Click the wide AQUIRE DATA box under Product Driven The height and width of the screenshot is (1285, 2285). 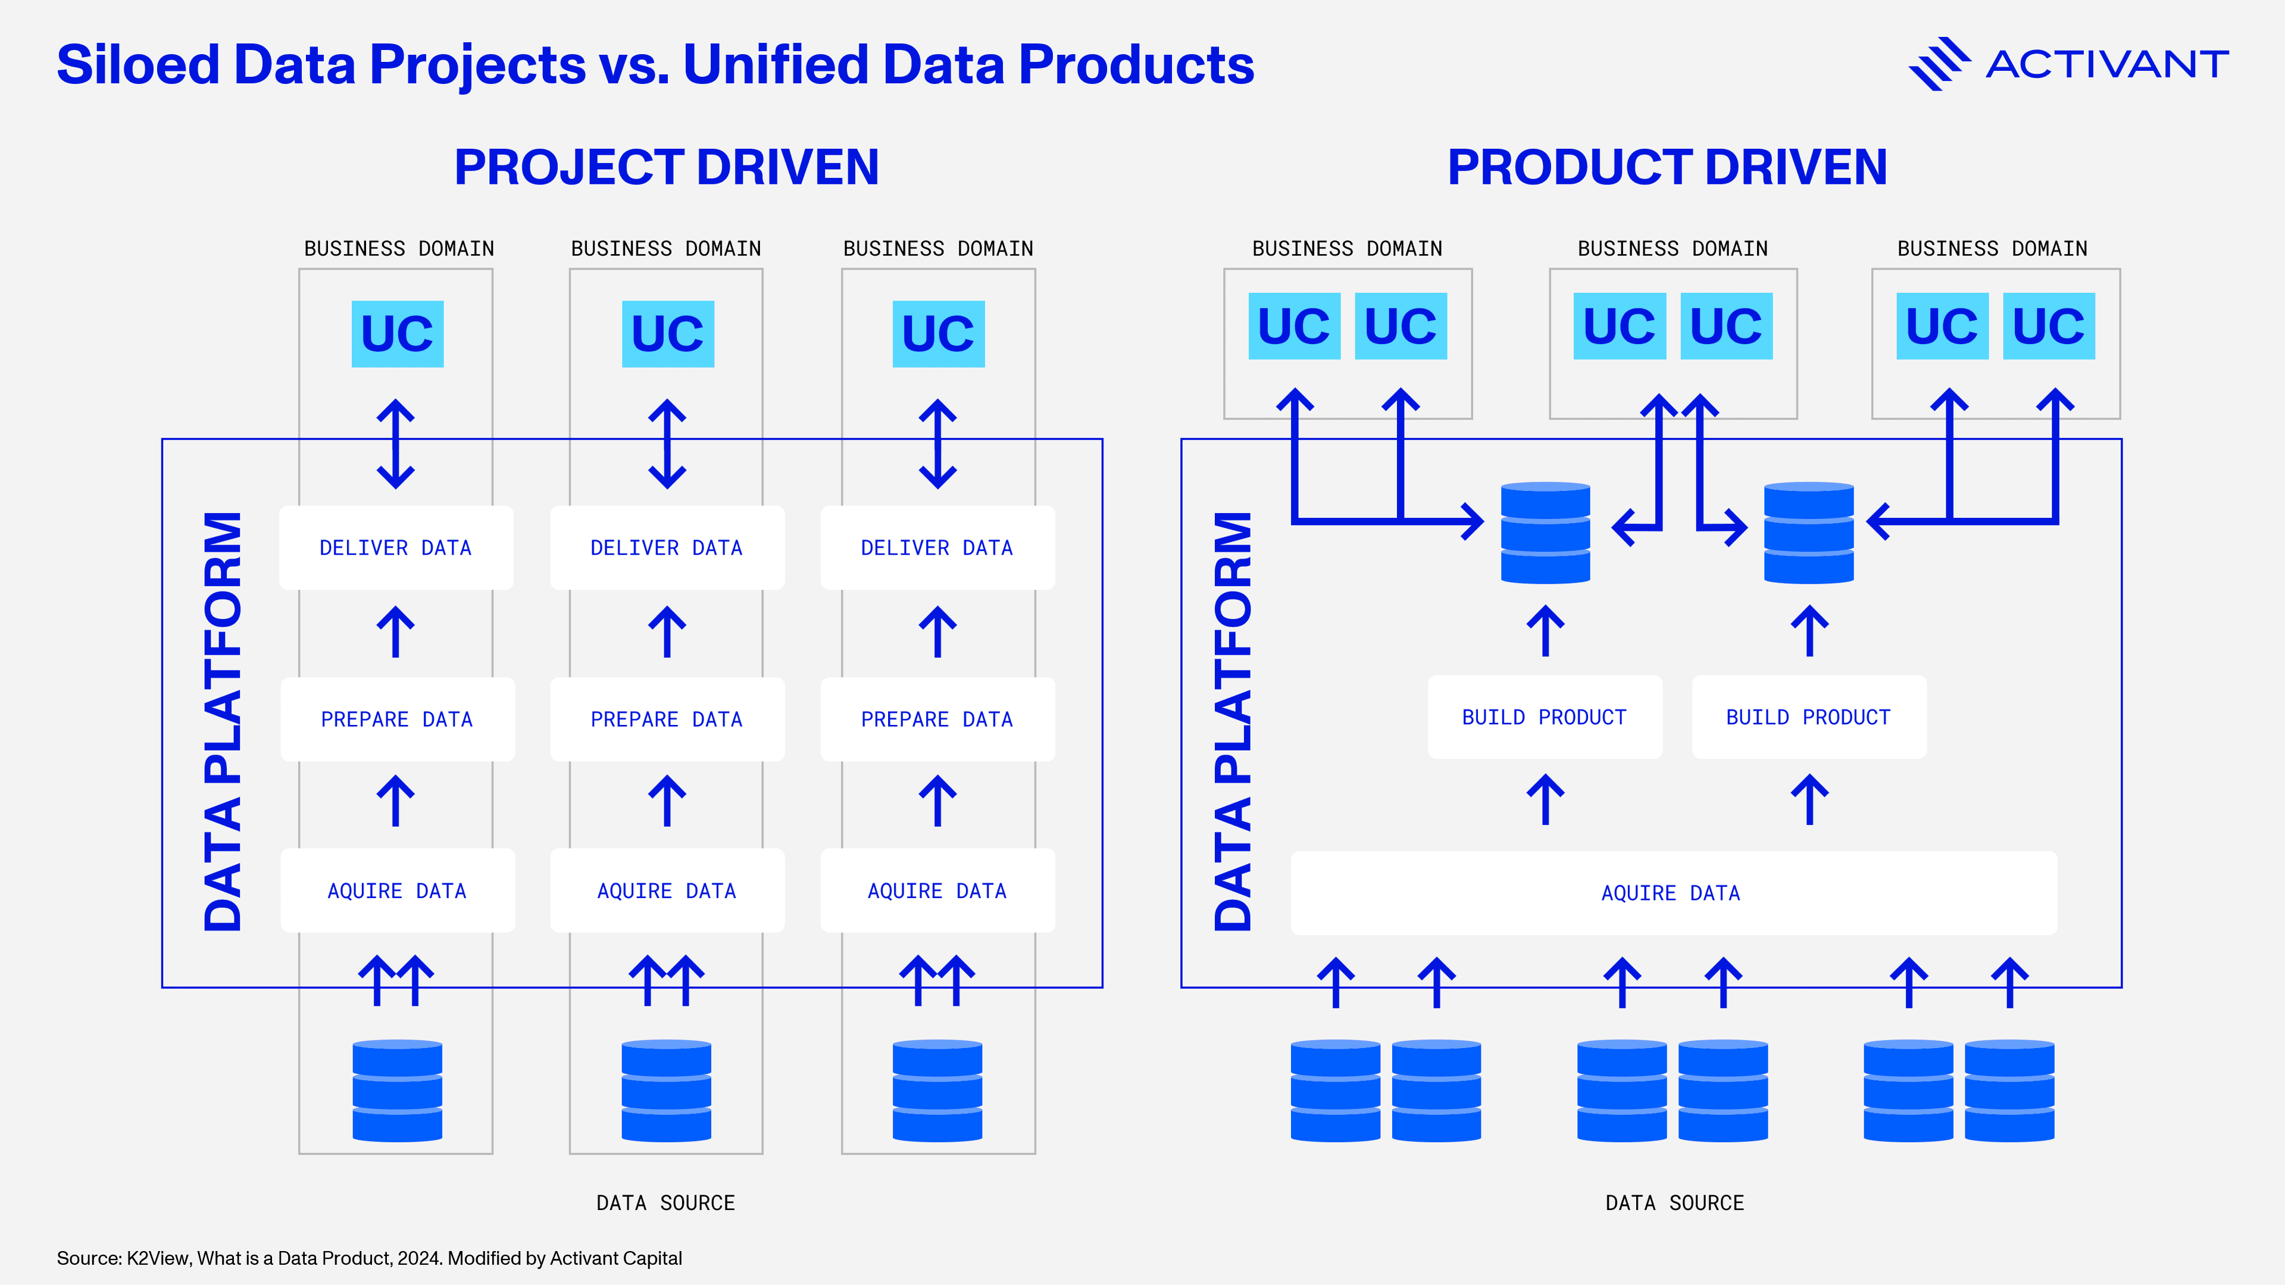1673,893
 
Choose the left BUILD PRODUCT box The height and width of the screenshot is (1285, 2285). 1545,717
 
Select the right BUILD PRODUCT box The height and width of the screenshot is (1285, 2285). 1809,717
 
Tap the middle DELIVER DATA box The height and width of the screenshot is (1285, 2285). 667,548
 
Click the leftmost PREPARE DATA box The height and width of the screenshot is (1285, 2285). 396,719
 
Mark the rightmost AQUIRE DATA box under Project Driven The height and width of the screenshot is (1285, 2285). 937,890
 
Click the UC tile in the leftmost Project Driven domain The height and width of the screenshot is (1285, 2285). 398,333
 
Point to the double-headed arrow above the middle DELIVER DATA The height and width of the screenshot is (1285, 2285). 667,443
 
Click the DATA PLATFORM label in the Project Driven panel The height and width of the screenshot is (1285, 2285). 223,720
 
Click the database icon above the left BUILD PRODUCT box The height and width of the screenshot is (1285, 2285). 1545,532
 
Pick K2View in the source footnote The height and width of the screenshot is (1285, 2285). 158,1258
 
